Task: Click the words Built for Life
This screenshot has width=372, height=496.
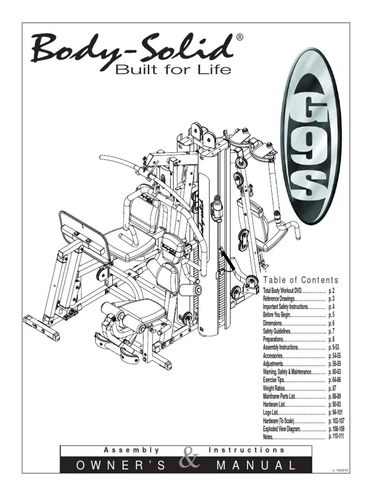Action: [x=172, y=70]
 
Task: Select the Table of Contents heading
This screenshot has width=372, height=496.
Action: [x=300, y=280]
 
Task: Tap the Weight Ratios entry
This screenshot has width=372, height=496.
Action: [x=275, y=388]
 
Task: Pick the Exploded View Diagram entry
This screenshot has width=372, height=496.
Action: [x=281, y=429]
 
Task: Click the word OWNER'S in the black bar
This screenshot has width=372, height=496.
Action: [x=121, y=466]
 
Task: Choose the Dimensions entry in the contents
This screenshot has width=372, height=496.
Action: [x=273, y=323]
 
